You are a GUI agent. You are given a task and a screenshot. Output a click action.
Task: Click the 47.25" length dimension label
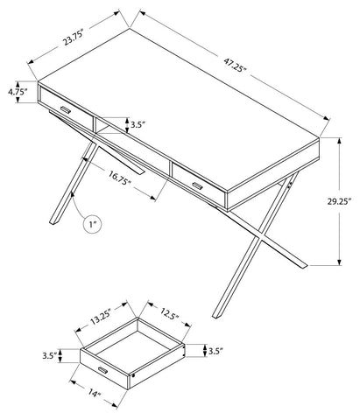pos(236,66)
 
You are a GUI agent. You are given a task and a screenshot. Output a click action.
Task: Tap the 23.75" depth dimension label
pos(74,38)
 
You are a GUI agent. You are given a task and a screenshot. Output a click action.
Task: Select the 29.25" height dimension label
pos(339,202)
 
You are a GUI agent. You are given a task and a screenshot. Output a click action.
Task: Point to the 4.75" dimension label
pos(18,92)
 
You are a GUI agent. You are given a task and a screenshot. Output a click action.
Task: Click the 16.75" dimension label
pos(119,178)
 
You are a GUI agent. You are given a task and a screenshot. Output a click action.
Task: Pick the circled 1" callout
pos(92,224)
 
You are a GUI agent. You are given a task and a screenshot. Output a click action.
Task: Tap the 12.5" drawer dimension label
pos(169,313)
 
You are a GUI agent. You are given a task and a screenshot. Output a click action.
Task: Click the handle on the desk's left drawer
pos(66,109)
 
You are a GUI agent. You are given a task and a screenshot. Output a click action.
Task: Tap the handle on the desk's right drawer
pos(197,185)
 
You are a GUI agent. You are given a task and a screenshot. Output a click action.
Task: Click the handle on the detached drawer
pos(102,370)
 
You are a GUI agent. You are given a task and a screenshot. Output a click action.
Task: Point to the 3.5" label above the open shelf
pos(138,125)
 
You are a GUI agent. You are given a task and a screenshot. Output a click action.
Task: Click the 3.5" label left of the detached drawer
pos(50,356)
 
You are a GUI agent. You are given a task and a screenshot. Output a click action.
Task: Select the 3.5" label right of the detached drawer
pos(215,351)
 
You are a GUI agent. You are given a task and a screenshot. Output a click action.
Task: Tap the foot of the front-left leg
pos(53,221)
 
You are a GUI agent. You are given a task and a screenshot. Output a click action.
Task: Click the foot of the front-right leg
pos(216,315)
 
